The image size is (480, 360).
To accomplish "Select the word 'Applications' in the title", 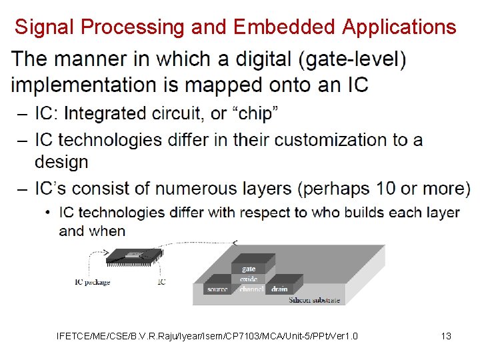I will click(x=399, y=27).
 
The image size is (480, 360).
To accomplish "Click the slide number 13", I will click(x=446, y=336).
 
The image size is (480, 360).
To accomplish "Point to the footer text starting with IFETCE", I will click(x=207, y=336).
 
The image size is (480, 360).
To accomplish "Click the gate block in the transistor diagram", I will click(x=249, y=268).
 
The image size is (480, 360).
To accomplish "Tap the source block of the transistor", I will click(x=217, y=289).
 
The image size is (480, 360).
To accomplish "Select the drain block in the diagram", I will click(x=279, y=289).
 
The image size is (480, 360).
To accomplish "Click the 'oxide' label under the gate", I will click(x=249, y=279).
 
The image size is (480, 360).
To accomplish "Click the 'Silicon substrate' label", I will click(x=314, y=300).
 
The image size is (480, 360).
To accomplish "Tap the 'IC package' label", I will click(x=93, y=282).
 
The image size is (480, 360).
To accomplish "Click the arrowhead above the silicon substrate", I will click(x=234, y=242).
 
